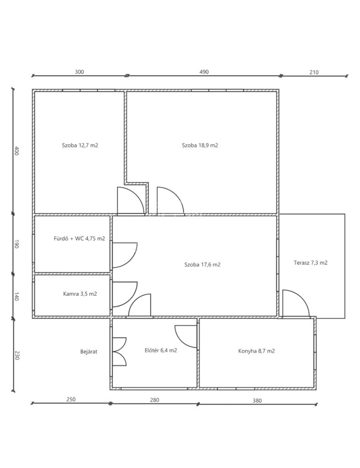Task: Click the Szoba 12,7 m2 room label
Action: [80, 145]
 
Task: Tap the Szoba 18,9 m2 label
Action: [200, 145]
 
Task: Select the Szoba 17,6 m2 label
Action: [202, 265]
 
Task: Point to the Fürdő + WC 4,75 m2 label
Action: [79, 239]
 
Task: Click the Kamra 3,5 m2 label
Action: [80, 294]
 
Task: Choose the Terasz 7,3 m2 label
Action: [311, 263]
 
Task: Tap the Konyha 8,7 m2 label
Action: [257, 351]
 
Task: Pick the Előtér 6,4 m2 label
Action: [161, 351]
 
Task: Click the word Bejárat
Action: [89, 351]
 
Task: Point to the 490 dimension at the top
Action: [204, 72]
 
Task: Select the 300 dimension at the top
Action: [79, 72]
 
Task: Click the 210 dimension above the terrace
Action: [314, 72]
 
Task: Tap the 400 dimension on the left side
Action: [16, 151]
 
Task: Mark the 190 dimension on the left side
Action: [16, 244]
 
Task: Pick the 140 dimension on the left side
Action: [16, 296]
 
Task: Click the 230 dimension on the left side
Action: [16, 355]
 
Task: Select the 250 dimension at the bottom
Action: [71, 399]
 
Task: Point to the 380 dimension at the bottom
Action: [257, 400]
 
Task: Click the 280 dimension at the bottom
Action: [155, 400]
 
